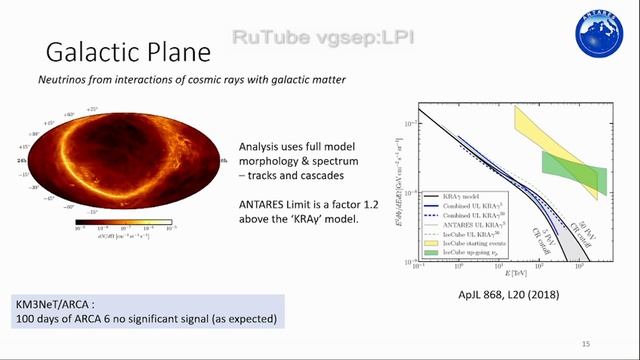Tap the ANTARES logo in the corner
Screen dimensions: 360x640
[x=598, y=33]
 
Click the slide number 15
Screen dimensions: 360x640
[x=586, y=343]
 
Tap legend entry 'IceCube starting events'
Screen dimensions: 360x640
[x=487, y=241]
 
